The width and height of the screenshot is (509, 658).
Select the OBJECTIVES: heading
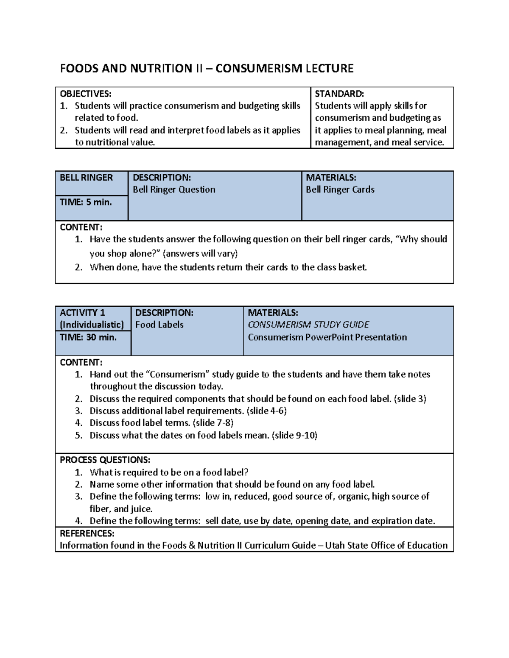click(85, 94)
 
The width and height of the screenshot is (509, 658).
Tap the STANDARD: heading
click(339, 94)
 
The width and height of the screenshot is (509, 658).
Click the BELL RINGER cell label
click(86, 178)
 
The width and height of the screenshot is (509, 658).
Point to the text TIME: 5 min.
click(86, 202)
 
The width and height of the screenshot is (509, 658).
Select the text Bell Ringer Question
click(174, 189)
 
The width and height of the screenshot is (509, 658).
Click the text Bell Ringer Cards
click(340, 189)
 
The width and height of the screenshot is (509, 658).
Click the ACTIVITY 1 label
click(82, 313)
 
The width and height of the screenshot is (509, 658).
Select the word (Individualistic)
click(92, 325)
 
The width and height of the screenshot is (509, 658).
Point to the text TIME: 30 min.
click(88, 337)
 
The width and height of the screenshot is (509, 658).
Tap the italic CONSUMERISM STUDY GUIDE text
click(308, 325)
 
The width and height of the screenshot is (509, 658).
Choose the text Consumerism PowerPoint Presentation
click(327, 337)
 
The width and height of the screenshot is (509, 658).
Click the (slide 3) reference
click(410, 399)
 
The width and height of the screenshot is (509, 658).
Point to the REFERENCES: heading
click(87, 533)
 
